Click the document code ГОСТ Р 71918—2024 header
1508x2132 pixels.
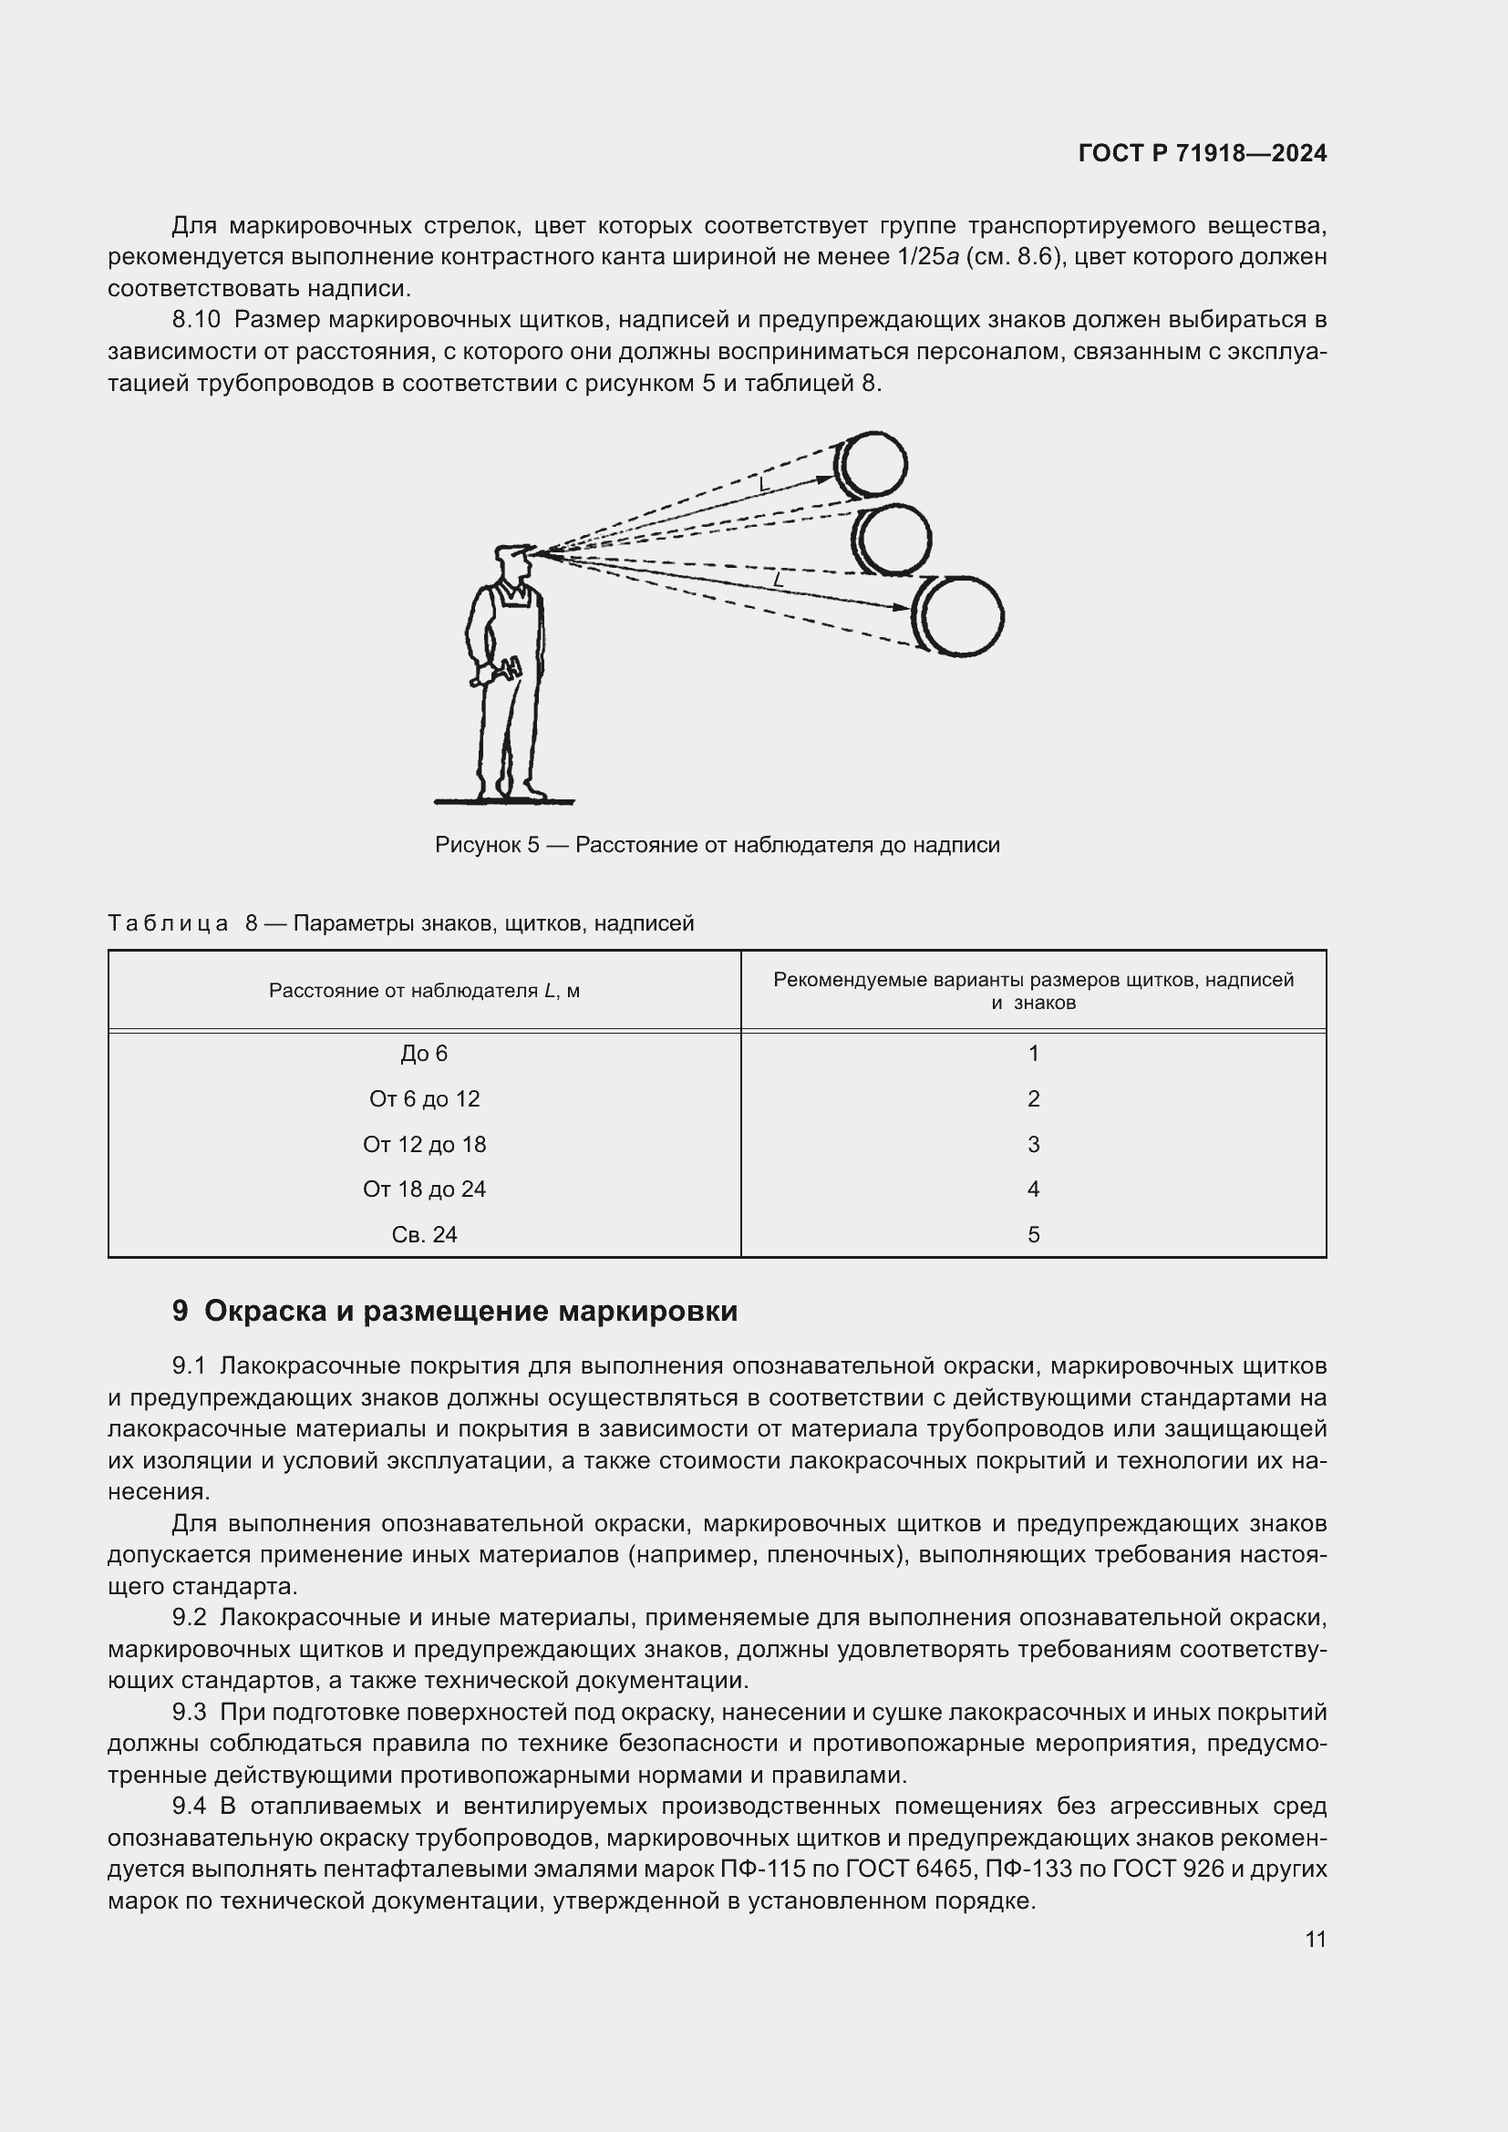click(1202, 154)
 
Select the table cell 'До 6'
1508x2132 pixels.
click(424, 1053)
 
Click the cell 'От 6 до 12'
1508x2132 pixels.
click(424, 1098)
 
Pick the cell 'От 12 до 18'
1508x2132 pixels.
click(424, 1144)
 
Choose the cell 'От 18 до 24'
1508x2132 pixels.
click(424, 1189)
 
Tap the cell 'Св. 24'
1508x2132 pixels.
click(424, 1234)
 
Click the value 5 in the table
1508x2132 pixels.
click(1033, 1234)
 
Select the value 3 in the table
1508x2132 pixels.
click(1033, 1144)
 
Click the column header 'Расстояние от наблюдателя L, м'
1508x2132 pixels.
click(424, 991)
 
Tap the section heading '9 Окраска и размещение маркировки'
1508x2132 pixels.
click(455, 1311)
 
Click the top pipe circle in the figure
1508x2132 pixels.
click(873, 463)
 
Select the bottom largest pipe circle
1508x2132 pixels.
click(962, 616)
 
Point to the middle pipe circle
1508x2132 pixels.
click(894, 540)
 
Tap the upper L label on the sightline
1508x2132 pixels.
click(763, 485)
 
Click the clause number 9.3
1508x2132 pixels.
click(189, 1712)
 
